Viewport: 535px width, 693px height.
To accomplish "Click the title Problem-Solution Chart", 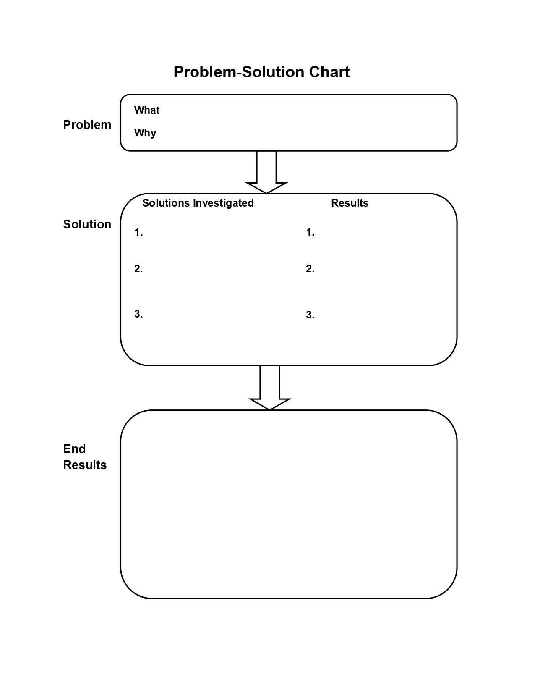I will click(x=261, y=72).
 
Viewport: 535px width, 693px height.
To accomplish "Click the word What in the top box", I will click(x=146, y=110).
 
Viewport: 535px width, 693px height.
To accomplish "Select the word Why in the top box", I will click(x=145, y=133).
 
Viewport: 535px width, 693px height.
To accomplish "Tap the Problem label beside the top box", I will click(x=87, y=125).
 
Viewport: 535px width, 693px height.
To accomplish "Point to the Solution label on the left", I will click(x=87, y=224).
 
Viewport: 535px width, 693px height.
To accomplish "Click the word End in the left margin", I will click(x=74, y=449).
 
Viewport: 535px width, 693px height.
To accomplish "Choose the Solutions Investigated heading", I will click(x=198, y=203).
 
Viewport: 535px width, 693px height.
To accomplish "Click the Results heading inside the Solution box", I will click(x=350, y=203).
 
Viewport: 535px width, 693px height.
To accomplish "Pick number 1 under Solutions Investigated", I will click(x=138, y=232).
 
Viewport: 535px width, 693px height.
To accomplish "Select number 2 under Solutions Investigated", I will click(x=138, y=269).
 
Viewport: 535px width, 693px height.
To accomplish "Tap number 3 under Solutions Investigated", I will click(x=138, y=314).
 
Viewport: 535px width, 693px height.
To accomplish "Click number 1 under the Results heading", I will click(x=310, y=232).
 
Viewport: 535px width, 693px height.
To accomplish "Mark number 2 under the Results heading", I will click(x=310, y=269).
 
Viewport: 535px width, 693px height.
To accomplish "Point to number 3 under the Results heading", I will click(x=310, y=315).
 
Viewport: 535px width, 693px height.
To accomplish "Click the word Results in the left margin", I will click(x=85, y=465).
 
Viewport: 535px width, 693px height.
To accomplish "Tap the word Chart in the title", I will click(x=329, y=72).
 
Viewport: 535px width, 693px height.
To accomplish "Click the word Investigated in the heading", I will click(x=223, y=203).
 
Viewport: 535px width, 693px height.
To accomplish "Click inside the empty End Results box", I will click(x=289, y=504).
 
